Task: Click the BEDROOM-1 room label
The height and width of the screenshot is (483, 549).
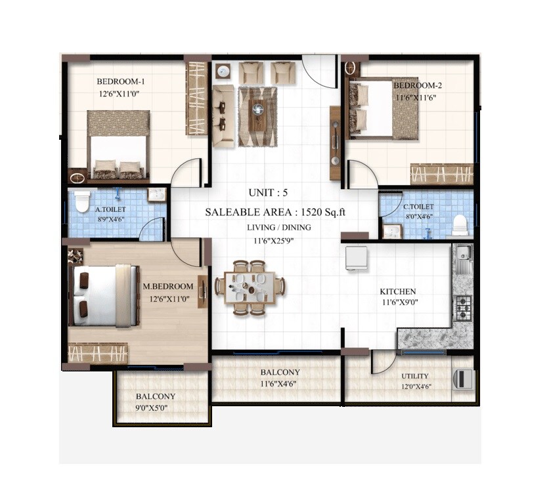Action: coord(120,81)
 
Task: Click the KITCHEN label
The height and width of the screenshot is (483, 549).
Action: coord(398,291)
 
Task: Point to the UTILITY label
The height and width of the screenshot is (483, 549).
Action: coord(415,376)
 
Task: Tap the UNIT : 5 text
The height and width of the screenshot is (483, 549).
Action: coord(268,193)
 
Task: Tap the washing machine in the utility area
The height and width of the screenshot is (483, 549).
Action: coord(464,379)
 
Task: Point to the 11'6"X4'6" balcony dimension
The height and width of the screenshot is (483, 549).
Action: coord(280,384)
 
